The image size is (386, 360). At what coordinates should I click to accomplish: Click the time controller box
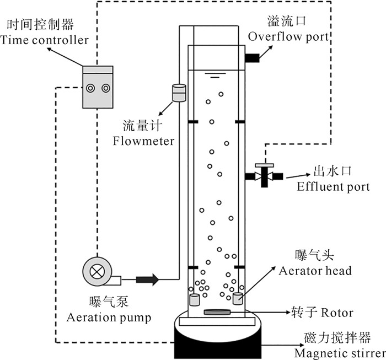coord(98,88)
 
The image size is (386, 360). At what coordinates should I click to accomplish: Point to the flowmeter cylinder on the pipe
coord(179,93)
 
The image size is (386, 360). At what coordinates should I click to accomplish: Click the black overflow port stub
coord(253,57)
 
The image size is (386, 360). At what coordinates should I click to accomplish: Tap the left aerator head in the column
coord(194,300)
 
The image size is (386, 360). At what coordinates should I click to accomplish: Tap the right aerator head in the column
coord(238,299)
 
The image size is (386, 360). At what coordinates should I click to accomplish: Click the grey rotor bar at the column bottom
coord(216,313)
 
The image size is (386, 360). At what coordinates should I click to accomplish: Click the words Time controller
coord(46,40)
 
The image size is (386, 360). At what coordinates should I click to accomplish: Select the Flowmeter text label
coord(143,141)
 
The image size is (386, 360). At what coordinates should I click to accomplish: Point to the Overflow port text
coord(288,37)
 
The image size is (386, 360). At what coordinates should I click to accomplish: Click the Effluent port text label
coord(334,186)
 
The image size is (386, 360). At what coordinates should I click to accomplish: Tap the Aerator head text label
coord(315,271)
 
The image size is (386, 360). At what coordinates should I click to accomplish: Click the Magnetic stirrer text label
coord(340,353)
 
